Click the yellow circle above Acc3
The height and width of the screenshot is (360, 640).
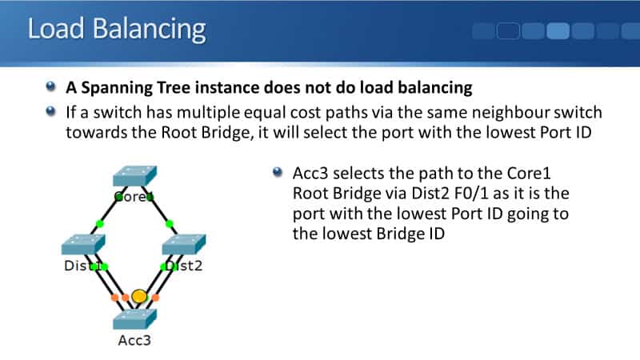[139, 297]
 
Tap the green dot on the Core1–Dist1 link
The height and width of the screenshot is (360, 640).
[99, 223]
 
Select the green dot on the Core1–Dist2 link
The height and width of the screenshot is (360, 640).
[170, 223]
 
